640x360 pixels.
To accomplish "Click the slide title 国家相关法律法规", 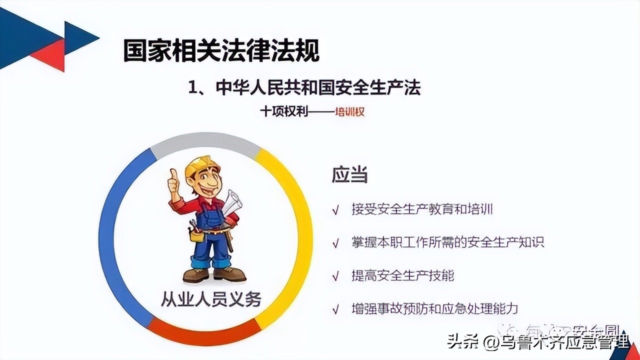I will coord(221,51).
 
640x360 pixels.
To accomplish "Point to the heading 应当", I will coord(349,175).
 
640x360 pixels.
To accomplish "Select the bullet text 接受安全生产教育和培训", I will coord(422,209).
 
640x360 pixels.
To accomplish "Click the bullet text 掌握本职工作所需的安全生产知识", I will coord(447,242).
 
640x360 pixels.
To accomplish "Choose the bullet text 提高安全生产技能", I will coord(402,275).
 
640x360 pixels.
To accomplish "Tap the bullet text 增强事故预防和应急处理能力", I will coord(434,308).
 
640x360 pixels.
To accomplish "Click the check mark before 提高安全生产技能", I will coord(336,276).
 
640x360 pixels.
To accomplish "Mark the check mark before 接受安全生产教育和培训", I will coord(336,210).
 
